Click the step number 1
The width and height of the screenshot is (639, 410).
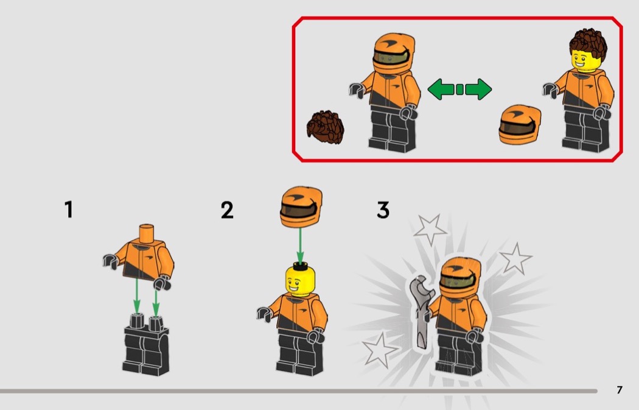point(68,210)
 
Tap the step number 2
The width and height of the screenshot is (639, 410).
point(227,210)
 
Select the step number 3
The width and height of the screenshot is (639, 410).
point(383,210)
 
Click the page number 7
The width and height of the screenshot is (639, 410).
point(620,390)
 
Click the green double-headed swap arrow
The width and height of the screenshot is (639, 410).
point(459,89)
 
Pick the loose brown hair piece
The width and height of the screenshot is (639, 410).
point(325,127)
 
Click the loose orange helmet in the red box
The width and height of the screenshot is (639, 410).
point(520,124)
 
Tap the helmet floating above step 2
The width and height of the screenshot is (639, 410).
point(301,207)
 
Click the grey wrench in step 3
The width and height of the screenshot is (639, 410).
point(421,312)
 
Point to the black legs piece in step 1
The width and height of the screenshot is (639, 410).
point(145,345)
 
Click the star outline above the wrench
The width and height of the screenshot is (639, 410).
point(430,229)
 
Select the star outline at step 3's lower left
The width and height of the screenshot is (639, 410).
point(380,350)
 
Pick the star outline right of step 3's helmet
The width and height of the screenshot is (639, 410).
point(515,258)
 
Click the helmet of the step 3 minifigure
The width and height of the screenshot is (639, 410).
point(459,277)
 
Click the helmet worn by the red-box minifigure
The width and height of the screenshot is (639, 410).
point(394,54)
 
